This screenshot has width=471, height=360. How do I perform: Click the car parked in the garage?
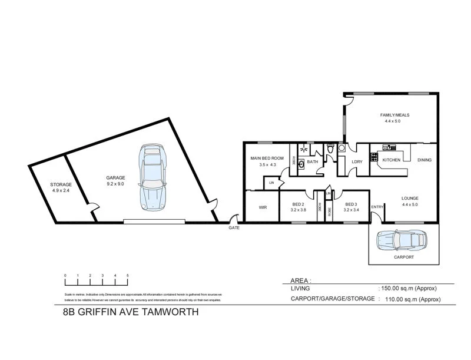152,177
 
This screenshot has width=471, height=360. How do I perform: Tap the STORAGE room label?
61,184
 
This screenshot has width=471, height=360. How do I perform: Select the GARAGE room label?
115,177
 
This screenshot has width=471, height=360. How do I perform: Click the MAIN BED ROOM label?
267,158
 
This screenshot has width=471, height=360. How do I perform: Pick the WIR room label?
263,207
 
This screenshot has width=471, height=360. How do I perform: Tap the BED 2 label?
297,204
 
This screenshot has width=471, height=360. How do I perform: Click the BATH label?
312,161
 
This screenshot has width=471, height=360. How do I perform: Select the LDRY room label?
356,161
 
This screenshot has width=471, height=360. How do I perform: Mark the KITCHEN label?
392,160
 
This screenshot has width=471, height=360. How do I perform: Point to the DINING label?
424,160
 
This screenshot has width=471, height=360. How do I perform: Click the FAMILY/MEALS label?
392,115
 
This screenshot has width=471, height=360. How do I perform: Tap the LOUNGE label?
410,199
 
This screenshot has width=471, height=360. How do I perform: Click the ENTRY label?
377,207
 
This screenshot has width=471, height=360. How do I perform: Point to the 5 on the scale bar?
127,275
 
